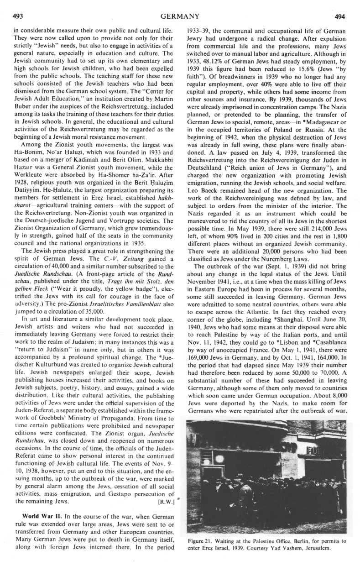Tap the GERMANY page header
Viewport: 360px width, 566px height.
coord(180,17)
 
